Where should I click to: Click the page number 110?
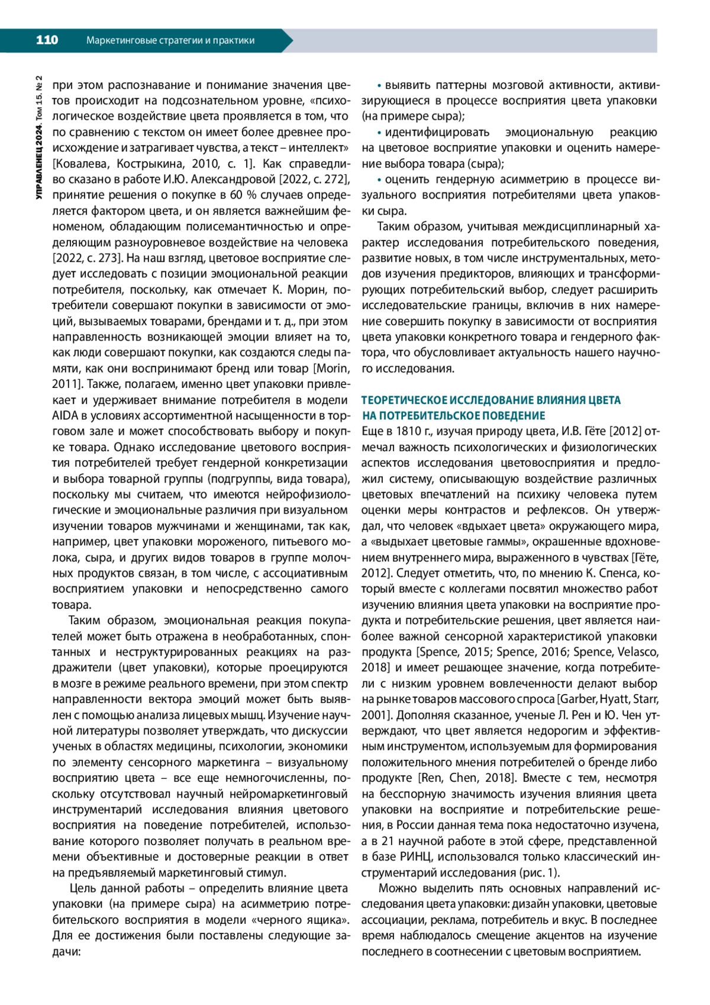47,40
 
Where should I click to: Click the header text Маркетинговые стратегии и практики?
170,40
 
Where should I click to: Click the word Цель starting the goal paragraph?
82,888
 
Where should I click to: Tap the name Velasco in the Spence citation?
638,652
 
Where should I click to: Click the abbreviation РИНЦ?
415,857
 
